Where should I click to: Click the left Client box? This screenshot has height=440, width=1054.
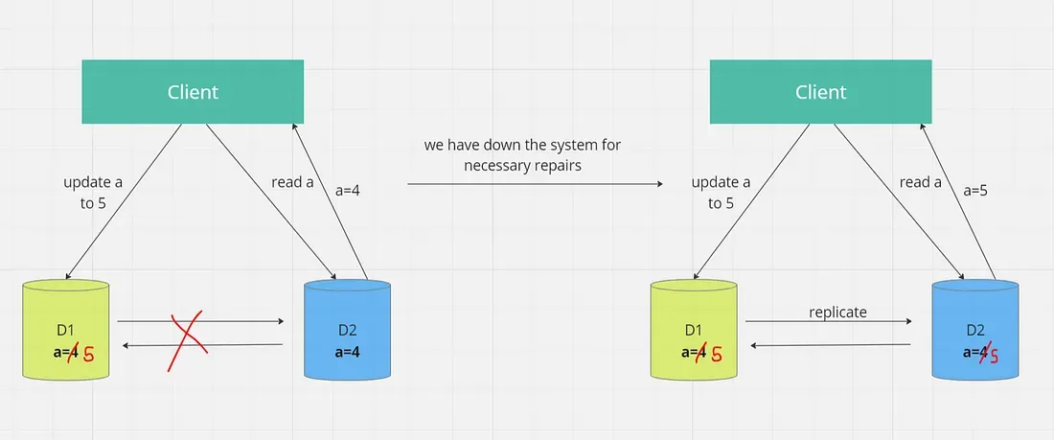(193, 92)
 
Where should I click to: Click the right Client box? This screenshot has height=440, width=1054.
(820, 92)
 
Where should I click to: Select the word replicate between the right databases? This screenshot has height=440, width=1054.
(837, 313)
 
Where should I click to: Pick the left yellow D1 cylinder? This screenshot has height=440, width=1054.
(69, 331)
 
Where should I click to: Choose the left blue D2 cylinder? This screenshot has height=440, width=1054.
(347, 331)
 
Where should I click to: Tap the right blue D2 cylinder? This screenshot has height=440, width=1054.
(976, 331)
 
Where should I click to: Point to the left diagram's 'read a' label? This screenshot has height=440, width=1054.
(292, 182)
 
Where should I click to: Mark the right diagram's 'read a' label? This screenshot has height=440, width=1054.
(921, 182)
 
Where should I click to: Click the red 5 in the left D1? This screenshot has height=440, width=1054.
(90, 353)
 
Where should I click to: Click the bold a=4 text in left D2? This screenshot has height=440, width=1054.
(348, 352)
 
